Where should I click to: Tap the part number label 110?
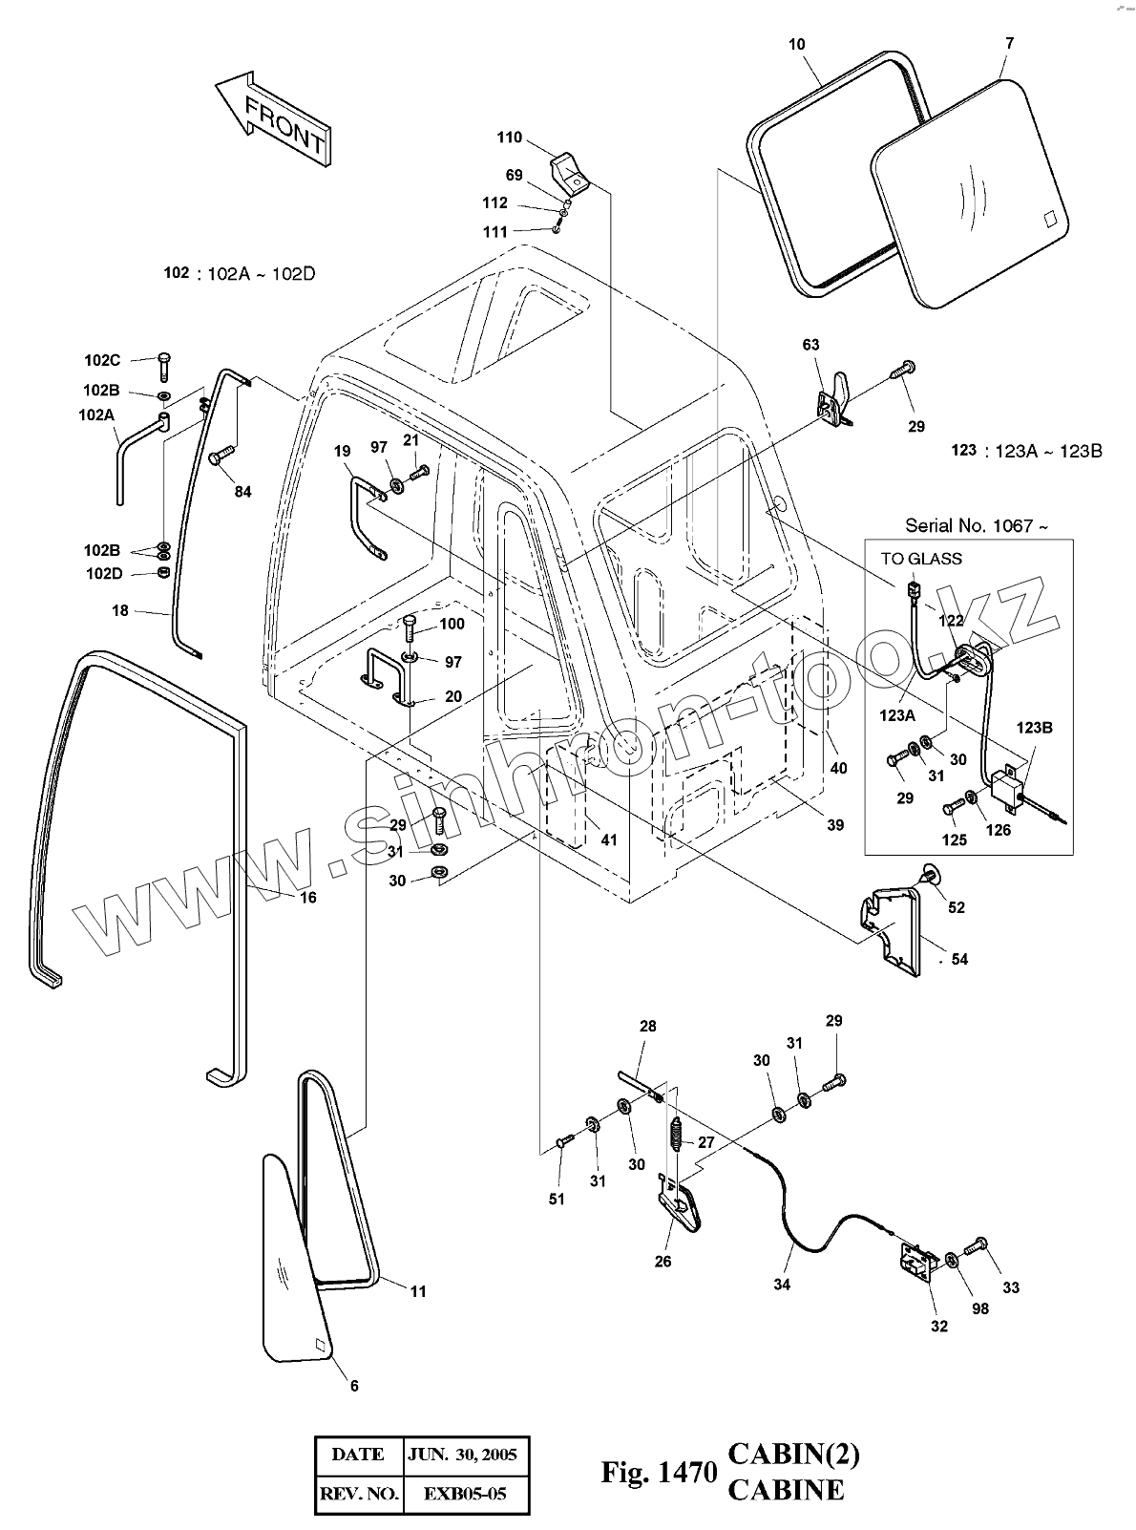click(509, 138)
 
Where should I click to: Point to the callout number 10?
click(797, 44)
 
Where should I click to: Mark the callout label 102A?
click(96, 415)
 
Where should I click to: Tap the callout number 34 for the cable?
click(782, 1285)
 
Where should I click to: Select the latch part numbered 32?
click(917, 1265)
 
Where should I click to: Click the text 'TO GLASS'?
click(921, 559)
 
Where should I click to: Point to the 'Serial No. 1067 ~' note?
click(977, 525)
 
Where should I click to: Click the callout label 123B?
click(1034, 728)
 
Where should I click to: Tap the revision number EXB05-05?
click(467, 1494)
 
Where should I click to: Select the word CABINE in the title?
click(786, 1490)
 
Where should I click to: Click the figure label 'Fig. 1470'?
click(659, 1473)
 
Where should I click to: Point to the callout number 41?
click(609, 840)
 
